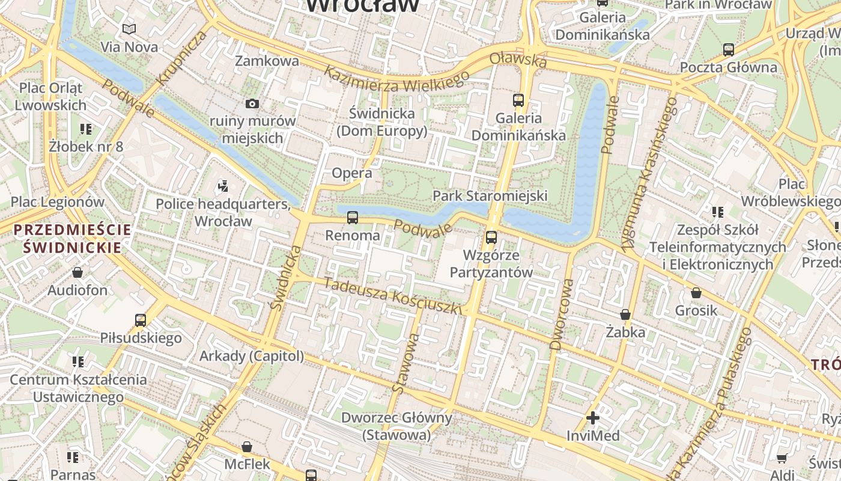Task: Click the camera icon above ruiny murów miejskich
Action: [252, 103]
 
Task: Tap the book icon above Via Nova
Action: [129, 29]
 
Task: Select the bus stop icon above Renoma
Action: [353, 217]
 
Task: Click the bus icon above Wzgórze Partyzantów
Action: [491, 237]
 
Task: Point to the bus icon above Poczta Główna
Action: [728, 49]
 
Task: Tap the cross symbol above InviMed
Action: [593, 417]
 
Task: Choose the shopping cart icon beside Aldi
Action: [782, 458]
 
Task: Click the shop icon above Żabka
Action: [625, 314]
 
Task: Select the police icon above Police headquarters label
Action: [223, 186]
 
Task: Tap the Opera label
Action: [352, 173]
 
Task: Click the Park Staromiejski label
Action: [490, 195]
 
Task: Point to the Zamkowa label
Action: [267, 61]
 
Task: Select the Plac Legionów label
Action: [58, 202]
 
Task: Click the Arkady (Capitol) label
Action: [252, 356]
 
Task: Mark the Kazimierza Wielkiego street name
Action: [396, 78]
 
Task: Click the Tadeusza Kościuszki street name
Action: [393, 295]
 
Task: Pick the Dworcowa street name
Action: [560, 313]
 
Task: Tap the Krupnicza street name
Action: [181, 58]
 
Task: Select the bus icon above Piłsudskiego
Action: [141, 320]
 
